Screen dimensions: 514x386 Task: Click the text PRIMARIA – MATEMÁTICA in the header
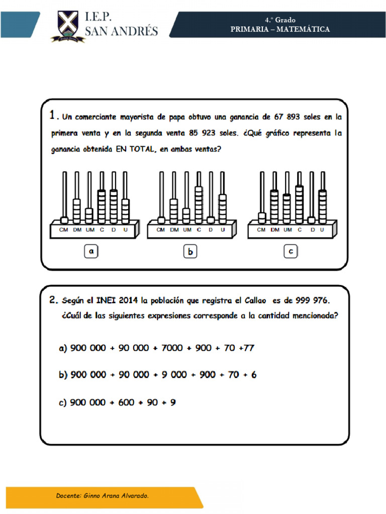tap(280, 29)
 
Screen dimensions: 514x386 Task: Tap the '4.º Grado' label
tap(280, 20)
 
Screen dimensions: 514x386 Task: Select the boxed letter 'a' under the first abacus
tap(91, 252)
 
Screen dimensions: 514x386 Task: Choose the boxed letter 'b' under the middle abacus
tap(190, 252)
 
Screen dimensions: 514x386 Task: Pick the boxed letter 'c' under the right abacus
tap(291, 252)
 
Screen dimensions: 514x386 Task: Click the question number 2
tap(54, 301)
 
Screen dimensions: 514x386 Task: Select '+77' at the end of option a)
tap(246, 348)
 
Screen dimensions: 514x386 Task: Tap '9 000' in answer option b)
tap(174, 375)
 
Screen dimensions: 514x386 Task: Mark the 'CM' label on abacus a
tap(64, 230)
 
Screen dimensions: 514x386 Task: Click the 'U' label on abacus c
tap(322, 230)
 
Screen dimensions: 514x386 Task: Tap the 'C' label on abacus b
tap(199, 230)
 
